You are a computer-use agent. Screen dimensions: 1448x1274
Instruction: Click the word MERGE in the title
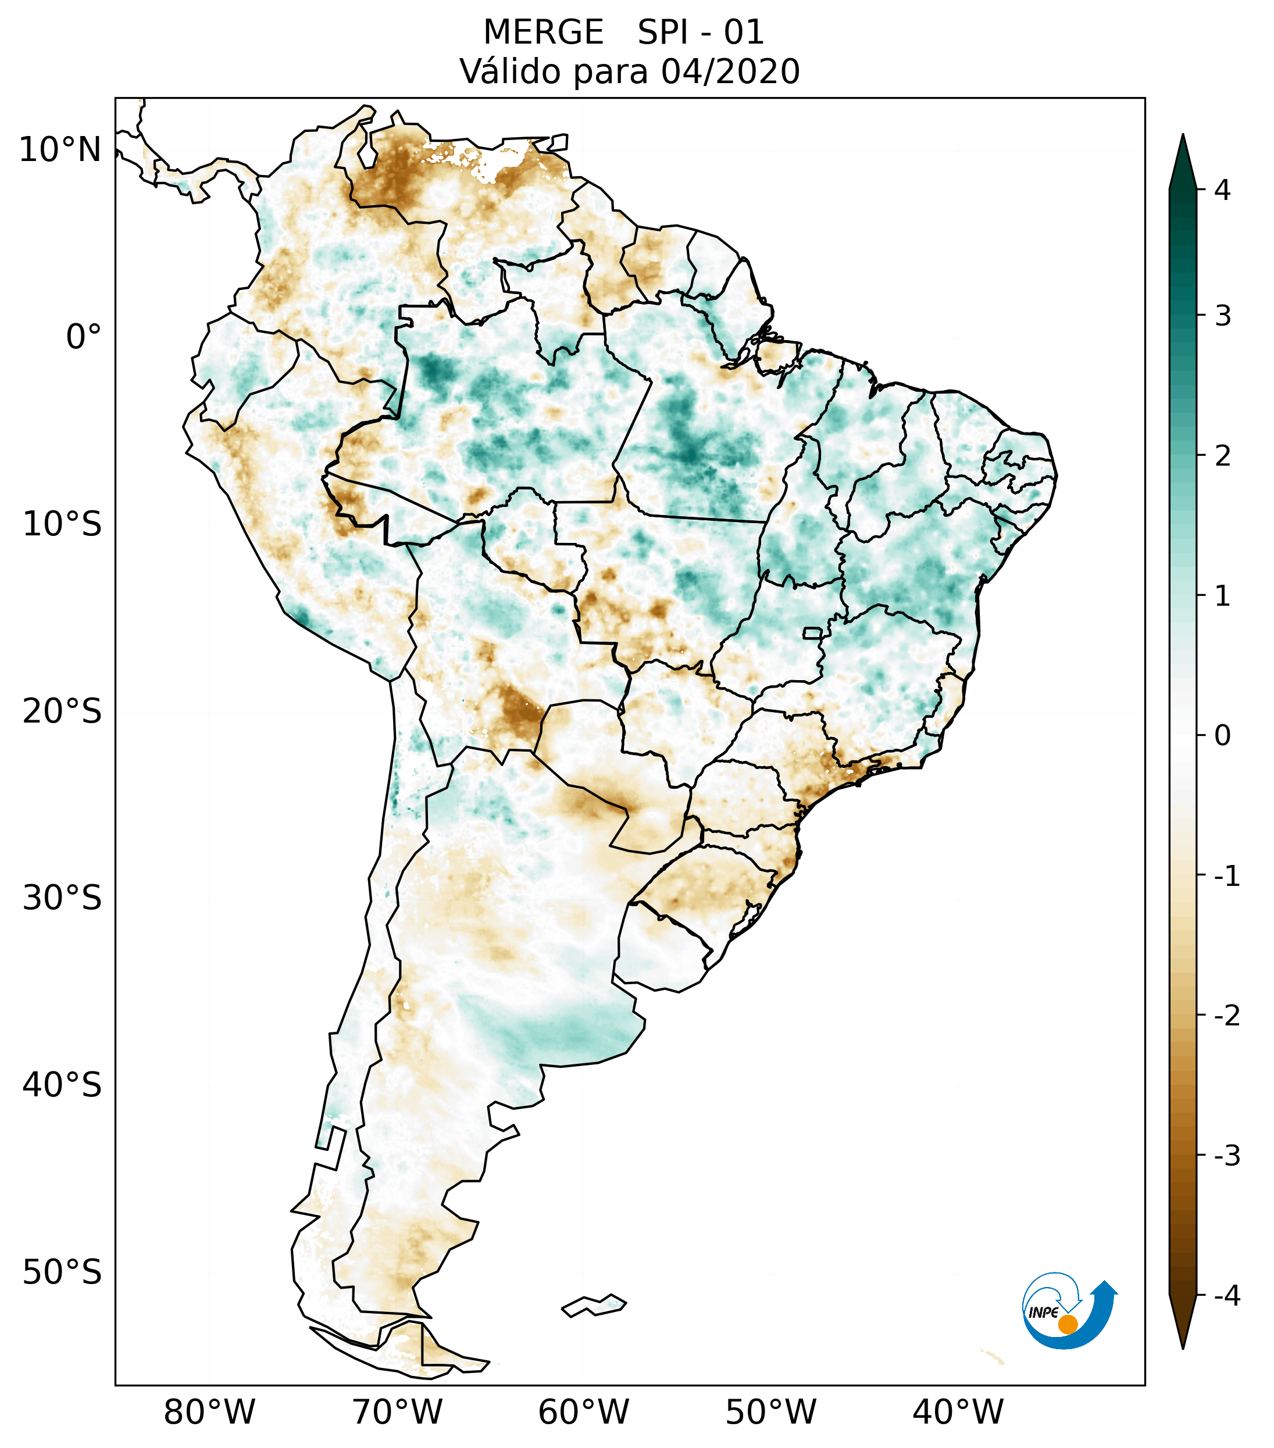pyautogui.click(x=544, y=33)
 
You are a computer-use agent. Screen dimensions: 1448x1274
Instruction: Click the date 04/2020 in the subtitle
pyautogui.click(x=730, y=71)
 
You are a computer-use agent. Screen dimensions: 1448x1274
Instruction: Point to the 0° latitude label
pyautogui.click(x=84, y=337)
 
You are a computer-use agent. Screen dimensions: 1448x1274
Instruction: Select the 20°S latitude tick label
pyautogui.click(x=62, y=712)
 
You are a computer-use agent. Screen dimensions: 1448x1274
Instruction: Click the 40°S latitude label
pyautogui.click(x=62, y=1085)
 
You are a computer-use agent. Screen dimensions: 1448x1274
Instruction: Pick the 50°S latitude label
pyautogui.click(x=62, y=1272)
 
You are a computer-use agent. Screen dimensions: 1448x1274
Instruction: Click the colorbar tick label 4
pyautogui.click(x=1222, y=190)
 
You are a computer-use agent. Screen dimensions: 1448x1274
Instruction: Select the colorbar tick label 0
pyautogui.click(x=1222, y=735)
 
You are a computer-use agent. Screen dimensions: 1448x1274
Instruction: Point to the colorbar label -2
pyautogui.click(x=1226, y=1015)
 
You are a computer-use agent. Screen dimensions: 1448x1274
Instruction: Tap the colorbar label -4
pyautogui.click(x=1226, y=1296)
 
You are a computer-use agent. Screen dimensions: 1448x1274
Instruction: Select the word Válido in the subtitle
pyautogui.click(x=510, y=71)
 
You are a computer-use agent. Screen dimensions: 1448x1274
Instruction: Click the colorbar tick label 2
pyautogui.click(x=1222, y=456)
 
